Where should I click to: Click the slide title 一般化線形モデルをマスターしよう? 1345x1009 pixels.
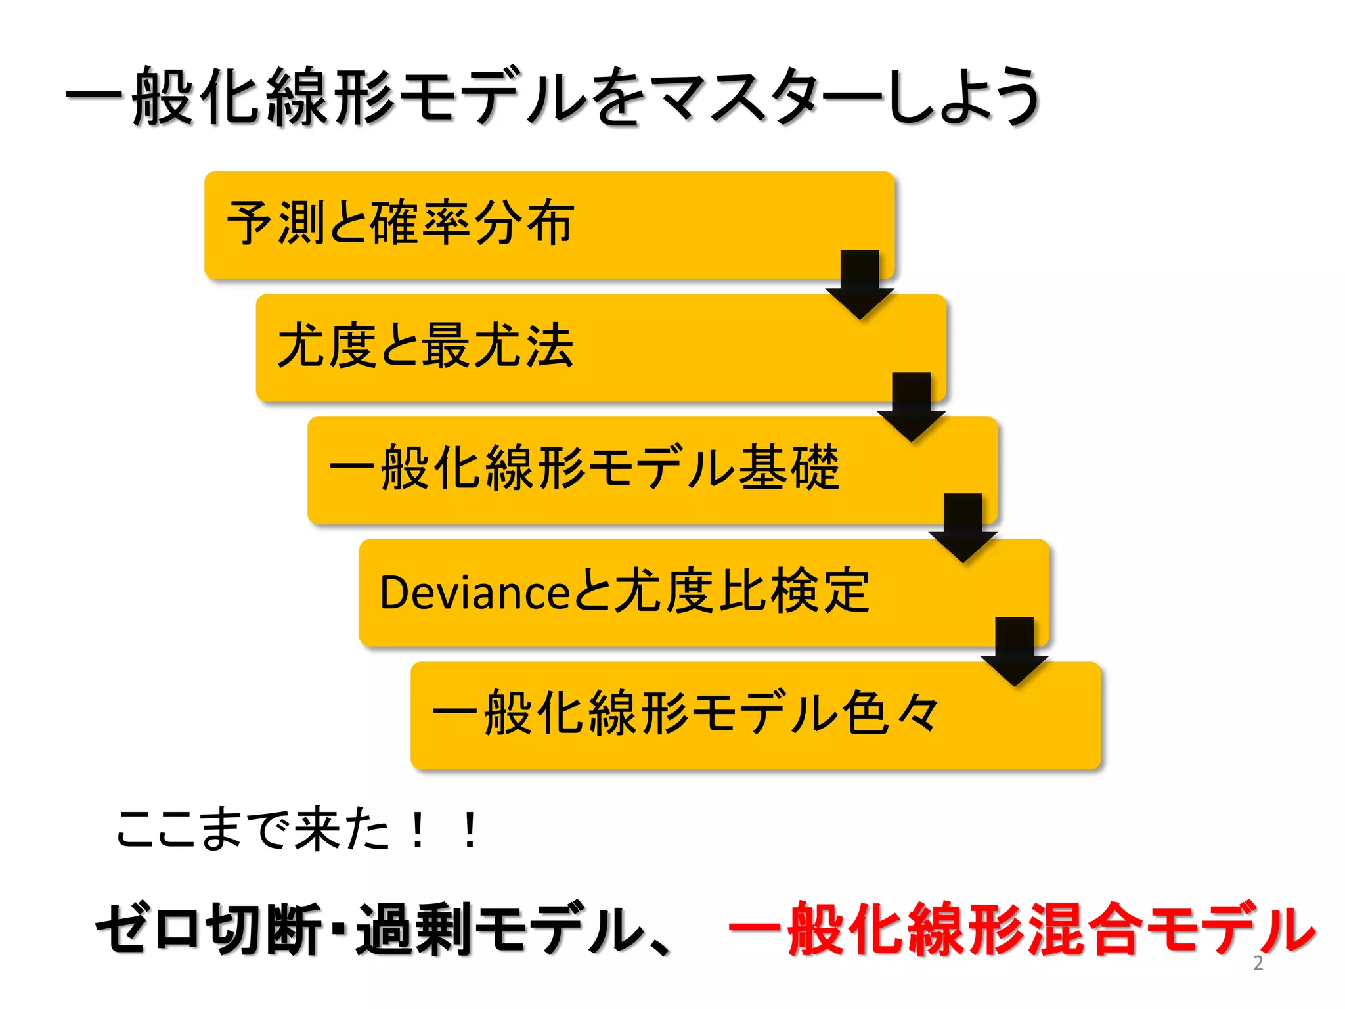click(552, 97)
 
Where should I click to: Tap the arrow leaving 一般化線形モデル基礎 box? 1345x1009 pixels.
click(963, 527)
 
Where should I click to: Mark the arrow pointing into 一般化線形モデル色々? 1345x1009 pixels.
click(1015, 651)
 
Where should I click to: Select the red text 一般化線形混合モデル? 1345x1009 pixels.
click(1021, 930)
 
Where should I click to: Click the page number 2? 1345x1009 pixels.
click(1258, 963)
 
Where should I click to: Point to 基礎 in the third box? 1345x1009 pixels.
click(789, 468)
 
